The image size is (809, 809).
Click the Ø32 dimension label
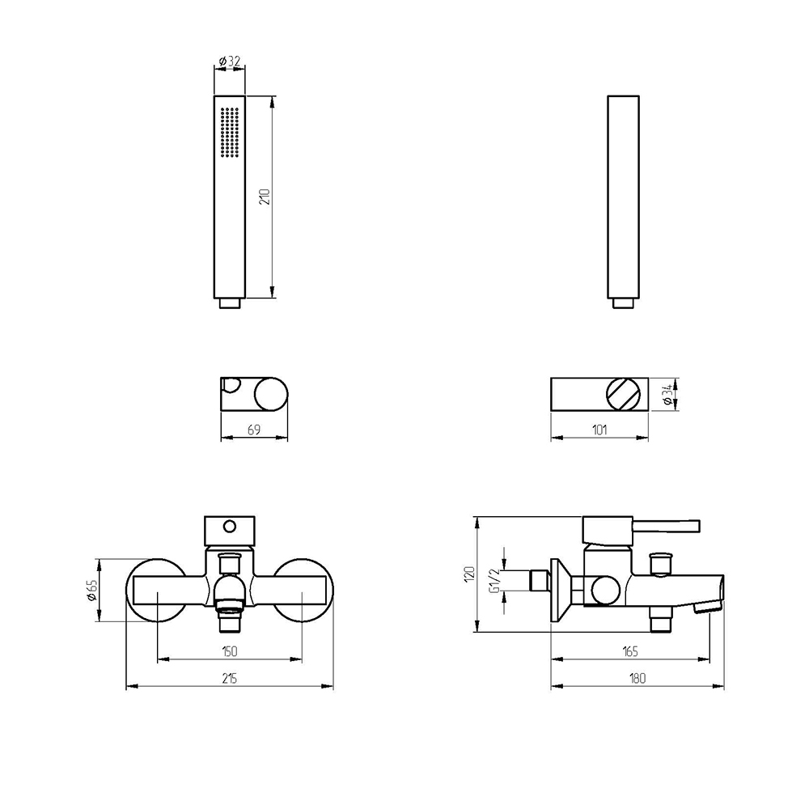pyautogui.click(x=230, y=61)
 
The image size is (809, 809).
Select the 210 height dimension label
pyautogui.click(x=265, y=197)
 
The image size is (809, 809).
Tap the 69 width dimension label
pyautogui.click(x=254, y=430)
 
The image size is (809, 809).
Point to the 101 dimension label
pyautogui.click(x=599, y=430)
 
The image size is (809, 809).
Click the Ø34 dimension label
pyautogui.click(x=669, y=395)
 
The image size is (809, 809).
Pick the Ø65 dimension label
pyautogui.click(x=91, y=591)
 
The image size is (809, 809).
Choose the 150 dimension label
pyautogui.click(x=230, y=651)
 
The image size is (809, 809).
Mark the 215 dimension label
pyautogui.click(x=230, y=679)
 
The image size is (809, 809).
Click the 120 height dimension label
pyautogui.click(x=469, y=574)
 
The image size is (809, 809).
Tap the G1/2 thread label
pyautogui.click(x=495, y=581)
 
